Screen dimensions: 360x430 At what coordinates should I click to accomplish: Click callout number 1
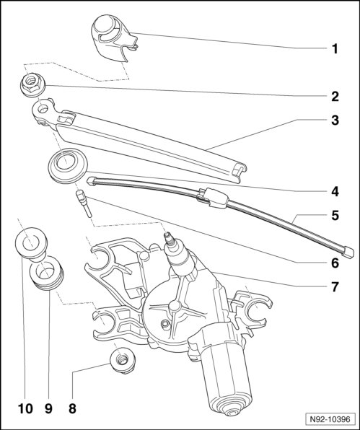click(x=335, y=49)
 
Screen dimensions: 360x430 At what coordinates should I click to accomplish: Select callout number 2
click(x=335, y=97)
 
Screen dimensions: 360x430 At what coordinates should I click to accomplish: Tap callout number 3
click(x=335, y=120)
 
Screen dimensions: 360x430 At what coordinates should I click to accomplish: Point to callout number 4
click(x=335, y=191)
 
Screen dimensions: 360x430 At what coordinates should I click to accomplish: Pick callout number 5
click(x=335, y=215)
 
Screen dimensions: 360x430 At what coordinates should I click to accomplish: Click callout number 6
click(x=335, y=263)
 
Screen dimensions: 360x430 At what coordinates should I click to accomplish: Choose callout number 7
click(x=335, y=287)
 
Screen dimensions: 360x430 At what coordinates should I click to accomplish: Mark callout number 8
click(x=72, y=408)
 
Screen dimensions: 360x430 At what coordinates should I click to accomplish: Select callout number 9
click(x=48, y=408)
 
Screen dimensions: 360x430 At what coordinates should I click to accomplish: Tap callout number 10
click(x=25, y=408)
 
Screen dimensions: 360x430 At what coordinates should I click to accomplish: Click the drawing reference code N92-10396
click(x=330, y=419)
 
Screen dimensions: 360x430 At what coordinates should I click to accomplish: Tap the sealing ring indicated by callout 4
click(x=67, y=165)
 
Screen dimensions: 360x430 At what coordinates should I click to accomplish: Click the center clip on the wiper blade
click(x=213, y=197)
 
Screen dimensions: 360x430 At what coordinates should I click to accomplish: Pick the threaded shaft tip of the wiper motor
click(x=168, y=239)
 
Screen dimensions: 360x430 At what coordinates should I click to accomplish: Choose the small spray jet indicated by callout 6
click(x=83, y=203)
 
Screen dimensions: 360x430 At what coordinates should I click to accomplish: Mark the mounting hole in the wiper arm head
click(x=43, y=109)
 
